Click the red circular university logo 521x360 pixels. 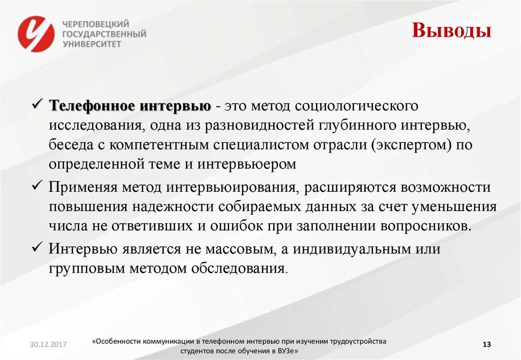(x=36, y=34)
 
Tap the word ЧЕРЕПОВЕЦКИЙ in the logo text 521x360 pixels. (x=95, y=24)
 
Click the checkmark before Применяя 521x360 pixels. (x=39, y=187)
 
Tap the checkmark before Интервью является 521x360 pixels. (x=39, y=249)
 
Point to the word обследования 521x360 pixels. (x=239, y=269)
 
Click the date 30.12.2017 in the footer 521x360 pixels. (x=44, y=345)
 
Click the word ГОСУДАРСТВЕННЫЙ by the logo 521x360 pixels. (x=104, y=34)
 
